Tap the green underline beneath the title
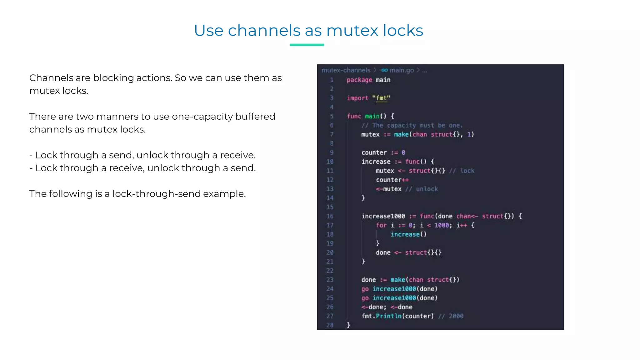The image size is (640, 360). click(x=307, y=45)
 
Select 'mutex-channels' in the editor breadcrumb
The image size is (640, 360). click(x=346, y=70)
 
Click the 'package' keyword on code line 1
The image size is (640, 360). click(x=359, y=80)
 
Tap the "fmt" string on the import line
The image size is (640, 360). click(x=381, y=98)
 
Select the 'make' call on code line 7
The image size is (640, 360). click(x=401, y=134)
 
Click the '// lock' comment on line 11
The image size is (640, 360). click(x=462, y=171)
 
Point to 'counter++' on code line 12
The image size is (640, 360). click(x=392, y=180)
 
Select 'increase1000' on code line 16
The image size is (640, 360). click(x=383, y=216)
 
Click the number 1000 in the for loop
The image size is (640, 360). click(x=442, y=225)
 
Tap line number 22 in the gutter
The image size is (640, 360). click(x=330, y=271)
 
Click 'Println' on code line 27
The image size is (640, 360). click(x=388, y=316)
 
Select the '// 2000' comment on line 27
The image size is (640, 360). click(x=451, y=316)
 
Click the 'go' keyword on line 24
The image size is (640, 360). click(x=365, y=289)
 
